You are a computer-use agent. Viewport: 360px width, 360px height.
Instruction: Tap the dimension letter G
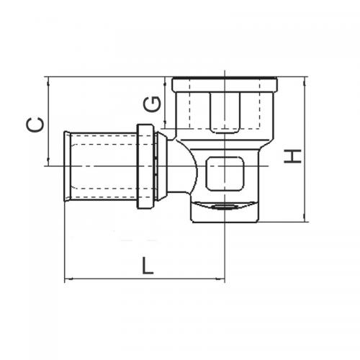[x=152, y=104]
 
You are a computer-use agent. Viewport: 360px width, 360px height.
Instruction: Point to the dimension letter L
[x=147, y=266]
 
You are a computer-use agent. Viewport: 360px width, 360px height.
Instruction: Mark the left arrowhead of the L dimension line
[x=68, y=279]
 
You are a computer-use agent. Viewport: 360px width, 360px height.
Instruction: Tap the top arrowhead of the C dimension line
[x=47, y=78]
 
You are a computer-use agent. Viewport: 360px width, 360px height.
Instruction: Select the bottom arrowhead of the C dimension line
[x=47, y=164]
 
